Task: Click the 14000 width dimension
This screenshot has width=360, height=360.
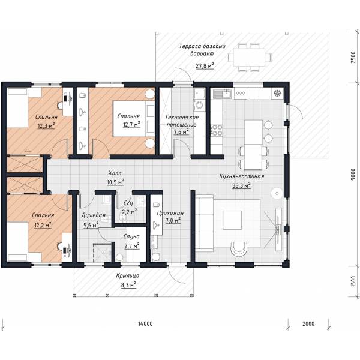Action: [145, 324]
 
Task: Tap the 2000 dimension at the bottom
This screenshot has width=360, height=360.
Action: [308, 324]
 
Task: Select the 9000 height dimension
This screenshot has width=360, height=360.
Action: [353, 175]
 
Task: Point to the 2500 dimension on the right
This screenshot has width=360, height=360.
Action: [353, 58]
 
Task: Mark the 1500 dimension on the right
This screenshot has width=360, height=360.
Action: [353, 281]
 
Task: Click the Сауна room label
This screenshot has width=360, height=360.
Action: [131, 236]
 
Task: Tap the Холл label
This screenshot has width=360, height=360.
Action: [115, 173]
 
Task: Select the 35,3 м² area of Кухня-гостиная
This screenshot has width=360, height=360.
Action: [241, 185]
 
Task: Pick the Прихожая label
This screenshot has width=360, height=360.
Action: [170, 213]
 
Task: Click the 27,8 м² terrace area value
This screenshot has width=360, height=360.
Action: [205, 66]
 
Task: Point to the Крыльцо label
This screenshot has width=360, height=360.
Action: [128, 275]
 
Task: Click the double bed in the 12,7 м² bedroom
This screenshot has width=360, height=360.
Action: [133, 119]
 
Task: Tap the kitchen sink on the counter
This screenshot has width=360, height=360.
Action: [222, 94]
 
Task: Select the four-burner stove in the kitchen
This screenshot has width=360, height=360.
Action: [217, 130]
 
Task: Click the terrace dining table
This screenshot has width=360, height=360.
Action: [250, 57]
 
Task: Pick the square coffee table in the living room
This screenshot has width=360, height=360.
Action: [232, 220]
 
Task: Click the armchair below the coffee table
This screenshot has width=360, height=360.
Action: [239, 248]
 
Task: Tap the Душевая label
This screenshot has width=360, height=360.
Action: [94, 215]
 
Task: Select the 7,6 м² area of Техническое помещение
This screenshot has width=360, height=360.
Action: [181, 131]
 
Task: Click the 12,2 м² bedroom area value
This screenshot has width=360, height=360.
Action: [43, 225]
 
